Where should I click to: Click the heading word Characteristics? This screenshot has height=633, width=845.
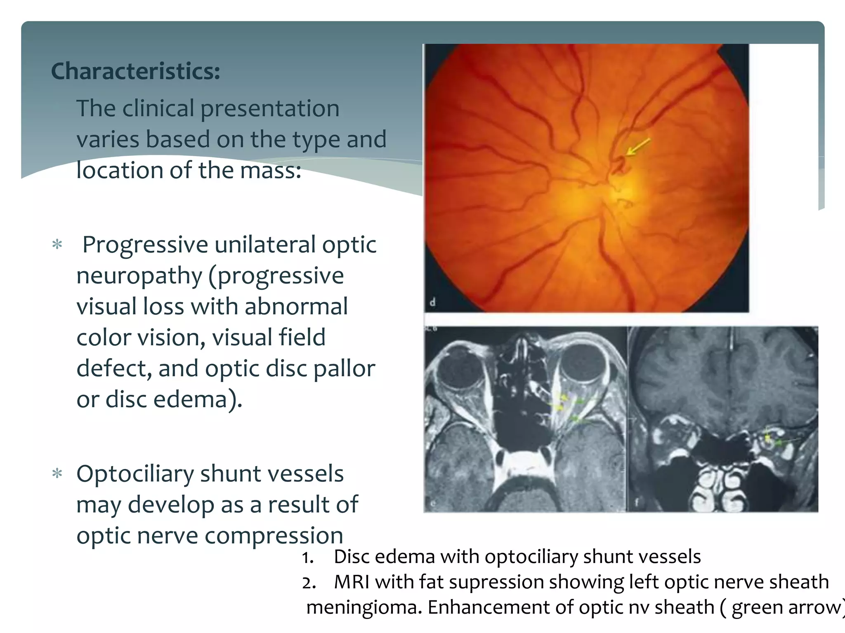(x=135, y=71)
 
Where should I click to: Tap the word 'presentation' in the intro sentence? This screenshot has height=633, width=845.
(x=270, y=109)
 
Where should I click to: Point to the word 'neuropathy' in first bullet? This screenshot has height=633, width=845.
(x=139, y=276)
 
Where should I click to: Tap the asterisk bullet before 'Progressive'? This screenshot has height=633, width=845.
(x=57, y=245)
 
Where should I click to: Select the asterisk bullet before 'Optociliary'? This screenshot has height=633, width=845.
(x=57, y=474)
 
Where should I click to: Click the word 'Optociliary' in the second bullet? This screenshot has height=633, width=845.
(x=135, y=474)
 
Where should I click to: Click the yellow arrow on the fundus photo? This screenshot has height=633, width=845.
(x=638, y=147)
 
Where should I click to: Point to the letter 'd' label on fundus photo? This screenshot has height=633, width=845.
(x=432, y=302)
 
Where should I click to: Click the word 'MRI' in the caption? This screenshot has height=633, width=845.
(x=352, y=582)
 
